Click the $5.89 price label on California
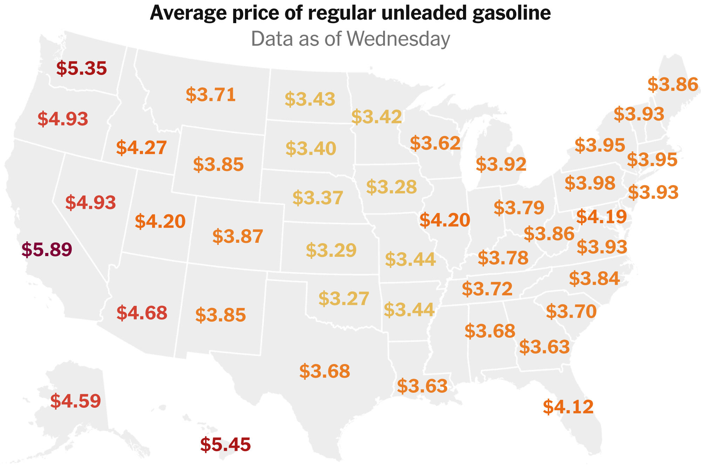pos(47,249)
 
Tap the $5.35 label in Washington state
pos(81,68)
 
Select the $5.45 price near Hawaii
pos(225,445)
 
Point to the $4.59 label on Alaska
pos(75,401)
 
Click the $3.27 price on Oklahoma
pos(343,298)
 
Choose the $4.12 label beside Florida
pos(568,407)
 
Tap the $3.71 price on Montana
pos(211,95)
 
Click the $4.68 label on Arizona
pos(142,313)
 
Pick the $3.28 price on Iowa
pos(392,187)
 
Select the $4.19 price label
pos(601,217)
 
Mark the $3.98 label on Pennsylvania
pos(590,183)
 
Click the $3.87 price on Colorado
pos(238,236)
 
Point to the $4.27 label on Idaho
pos(141,147)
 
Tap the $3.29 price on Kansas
pos(331,250)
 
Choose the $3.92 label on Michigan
pos(501,164)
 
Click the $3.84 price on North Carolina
pos(594,278)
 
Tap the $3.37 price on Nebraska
pos(318,198)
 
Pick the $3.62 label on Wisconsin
pos(435,143)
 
